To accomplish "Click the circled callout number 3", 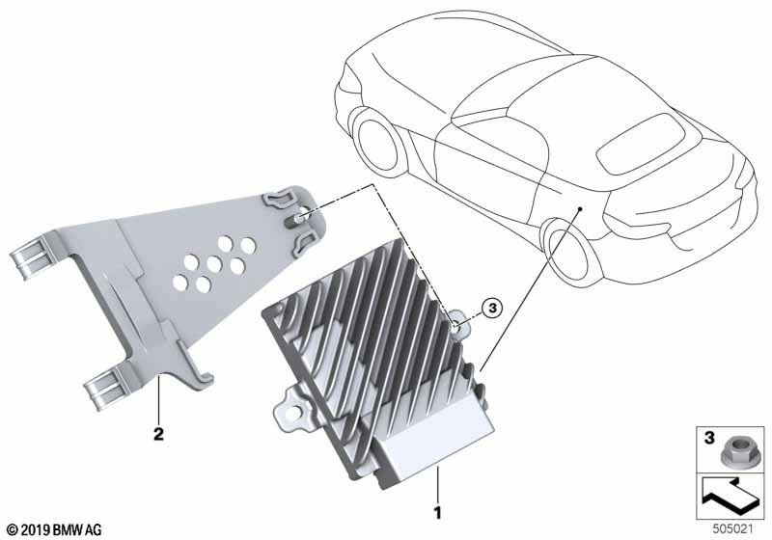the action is click(x=491, y=309).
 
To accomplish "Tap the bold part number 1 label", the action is click(x=437, y=513).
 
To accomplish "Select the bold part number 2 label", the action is click(x=158, y=434).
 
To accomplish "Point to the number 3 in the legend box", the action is click(x=709, y=437).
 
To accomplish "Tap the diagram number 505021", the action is click(x=733, y=529).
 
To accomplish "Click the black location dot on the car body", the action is click(x=581, y=209).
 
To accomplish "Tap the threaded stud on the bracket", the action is click(x=294, y=219).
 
